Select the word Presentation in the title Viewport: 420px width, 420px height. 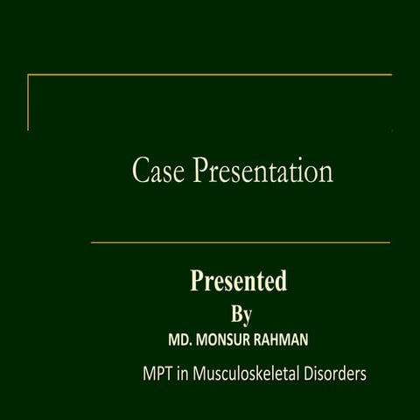click(x=262, y=171)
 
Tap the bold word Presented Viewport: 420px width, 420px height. click(x=239, y=282)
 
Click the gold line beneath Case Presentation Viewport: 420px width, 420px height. click(x=241, y=242)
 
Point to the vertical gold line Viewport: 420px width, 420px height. click(x=28, y=102)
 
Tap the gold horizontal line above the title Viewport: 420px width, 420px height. click(x=210, y=75)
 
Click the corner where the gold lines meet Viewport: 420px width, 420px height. click(x=28, y=75)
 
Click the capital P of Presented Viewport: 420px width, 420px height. click(x=198, y=282)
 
